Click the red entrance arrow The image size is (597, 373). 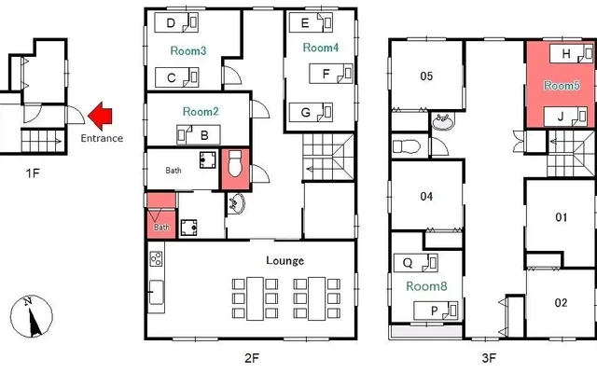pos(100,116)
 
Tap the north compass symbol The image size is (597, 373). pos(32,316)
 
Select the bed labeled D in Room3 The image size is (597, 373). pos(176,22)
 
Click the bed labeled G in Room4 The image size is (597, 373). pos(311,112)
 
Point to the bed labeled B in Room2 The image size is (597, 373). pos(199,134)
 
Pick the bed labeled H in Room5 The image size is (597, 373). pos(572,54)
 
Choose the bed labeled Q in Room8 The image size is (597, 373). pos(416,263)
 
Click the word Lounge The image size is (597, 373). pos(285,261)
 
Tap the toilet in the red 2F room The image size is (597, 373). pos(235,164)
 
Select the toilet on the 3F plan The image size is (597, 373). pos(407,146)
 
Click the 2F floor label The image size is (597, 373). pos(252,358)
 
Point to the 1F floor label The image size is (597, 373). pos(33,173)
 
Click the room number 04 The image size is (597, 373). pos(426,197)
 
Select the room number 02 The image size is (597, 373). pos(561,303)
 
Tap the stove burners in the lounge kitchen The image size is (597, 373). pos(156,259)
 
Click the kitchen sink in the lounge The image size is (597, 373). pos(156,292)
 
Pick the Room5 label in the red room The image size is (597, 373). pos(562,86)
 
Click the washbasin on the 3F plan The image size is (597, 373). pos(443,121)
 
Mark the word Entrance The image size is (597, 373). pos(102,138)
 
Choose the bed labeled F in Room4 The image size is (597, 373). pos(331,74)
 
